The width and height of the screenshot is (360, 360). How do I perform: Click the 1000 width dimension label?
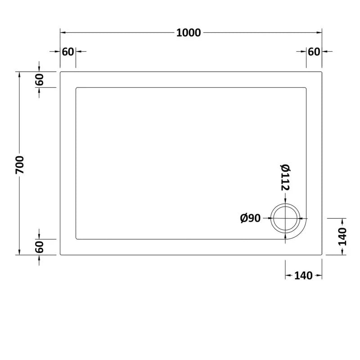189,33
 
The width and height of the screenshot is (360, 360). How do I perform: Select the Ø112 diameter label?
284,176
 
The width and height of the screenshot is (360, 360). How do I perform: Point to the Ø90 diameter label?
251,218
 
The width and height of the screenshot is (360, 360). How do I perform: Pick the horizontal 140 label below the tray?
303,276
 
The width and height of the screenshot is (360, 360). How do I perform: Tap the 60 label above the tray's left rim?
67,51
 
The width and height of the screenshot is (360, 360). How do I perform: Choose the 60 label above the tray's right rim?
314,51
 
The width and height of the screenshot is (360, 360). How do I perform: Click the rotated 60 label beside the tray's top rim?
40,80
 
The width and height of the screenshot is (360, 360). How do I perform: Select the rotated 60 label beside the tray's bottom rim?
40,247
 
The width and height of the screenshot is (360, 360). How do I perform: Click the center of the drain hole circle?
285,218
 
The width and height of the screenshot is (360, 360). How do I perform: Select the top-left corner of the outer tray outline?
61,72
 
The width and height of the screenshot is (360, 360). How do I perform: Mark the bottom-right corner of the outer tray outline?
322,255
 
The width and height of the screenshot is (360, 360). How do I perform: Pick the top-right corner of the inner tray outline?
306,88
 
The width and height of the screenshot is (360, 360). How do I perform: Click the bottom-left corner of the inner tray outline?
76,239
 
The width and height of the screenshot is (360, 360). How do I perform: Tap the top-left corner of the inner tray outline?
76,88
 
